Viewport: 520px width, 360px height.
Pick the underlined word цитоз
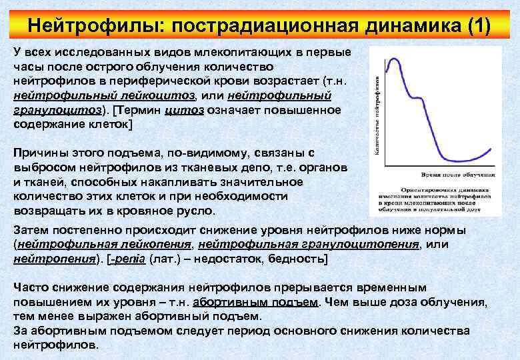[183, 109]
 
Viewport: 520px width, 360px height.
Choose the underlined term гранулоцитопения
[309, 244]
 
